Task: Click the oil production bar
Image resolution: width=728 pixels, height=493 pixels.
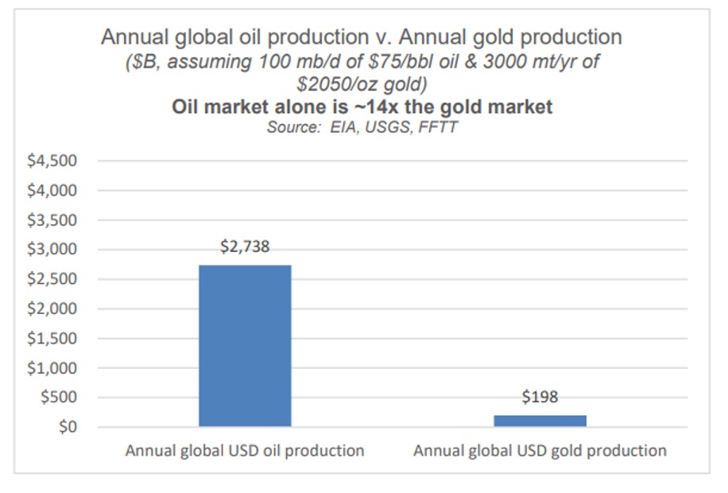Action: coord(245,346)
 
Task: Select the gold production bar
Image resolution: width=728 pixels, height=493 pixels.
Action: coord(540,421)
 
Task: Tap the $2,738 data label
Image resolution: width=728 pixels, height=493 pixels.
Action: coord(245,247)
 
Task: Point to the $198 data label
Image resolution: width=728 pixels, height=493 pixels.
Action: coord(540,398)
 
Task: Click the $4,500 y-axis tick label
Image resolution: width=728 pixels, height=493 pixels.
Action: coord(53,161)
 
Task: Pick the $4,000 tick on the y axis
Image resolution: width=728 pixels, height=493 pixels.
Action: coord(53,191)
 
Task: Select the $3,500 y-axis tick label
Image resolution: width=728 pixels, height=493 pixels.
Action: coord(53,220)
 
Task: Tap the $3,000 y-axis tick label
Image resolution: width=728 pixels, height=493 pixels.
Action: coord(53,250)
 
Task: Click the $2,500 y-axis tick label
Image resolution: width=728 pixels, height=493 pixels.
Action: coord(53,280)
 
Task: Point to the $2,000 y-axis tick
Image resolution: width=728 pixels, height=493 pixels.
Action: coord(53,309)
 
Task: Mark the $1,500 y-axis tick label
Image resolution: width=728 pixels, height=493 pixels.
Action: coord(53,339)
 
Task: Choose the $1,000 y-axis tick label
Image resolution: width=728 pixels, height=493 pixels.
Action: coord(53,368)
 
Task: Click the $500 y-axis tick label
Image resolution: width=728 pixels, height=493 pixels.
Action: coord(59,398)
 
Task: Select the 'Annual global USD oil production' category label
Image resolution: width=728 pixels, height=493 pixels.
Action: coord(245,451)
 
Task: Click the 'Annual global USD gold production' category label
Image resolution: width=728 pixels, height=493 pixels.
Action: coord(540,451)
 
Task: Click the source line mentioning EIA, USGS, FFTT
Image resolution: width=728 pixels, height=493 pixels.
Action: coord(362,127)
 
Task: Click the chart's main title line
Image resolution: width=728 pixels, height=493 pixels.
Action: coord(362,37)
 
